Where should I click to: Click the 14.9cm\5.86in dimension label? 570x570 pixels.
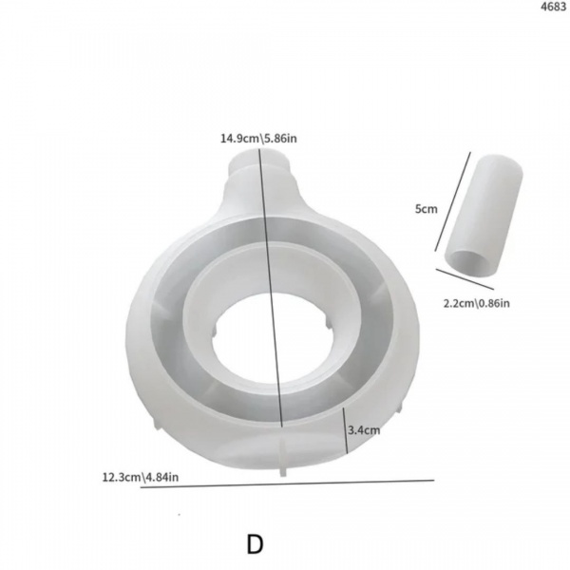pos(258,139)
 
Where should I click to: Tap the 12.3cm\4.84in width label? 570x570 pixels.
pos(141,477)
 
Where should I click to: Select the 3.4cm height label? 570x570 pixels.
pos(364,430)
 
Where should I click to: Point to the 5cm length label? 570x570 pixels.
pos(427,209)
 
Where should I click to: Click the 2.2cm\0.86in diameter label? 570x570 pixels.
pos(476,303)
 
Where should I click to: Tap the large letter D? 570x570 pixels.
pos(256,544)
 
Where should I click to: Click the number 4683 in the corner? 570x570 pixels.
pos(553,7)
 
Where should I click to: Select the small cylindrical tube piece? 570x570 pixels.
pos(484,216)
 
